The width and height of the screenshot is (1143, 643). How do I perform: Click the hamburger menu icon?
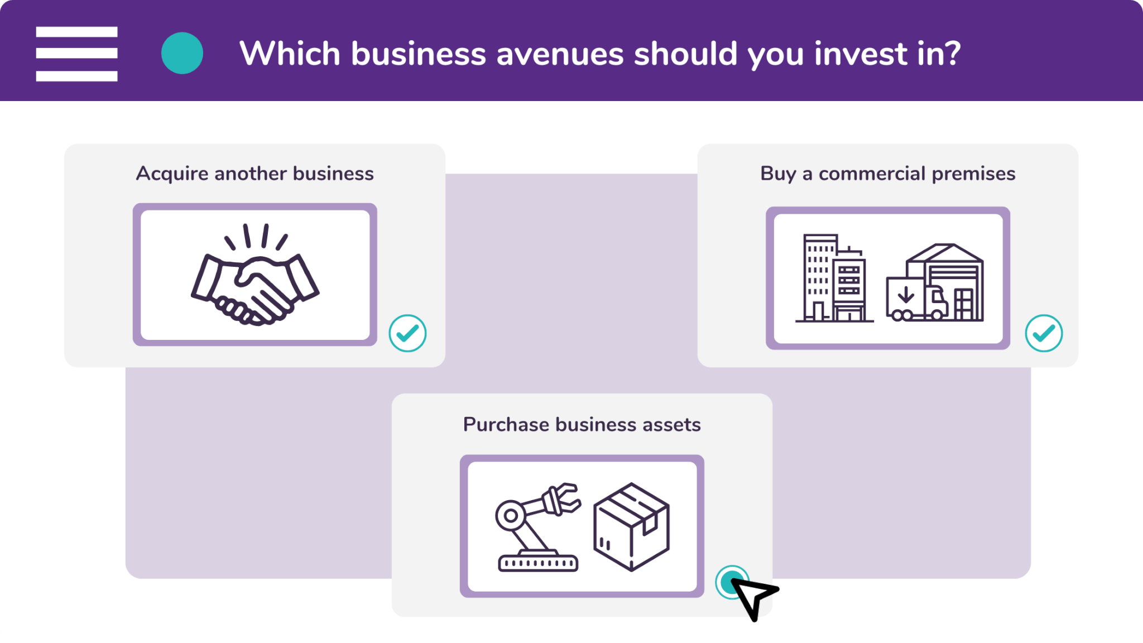[x=76, y=54]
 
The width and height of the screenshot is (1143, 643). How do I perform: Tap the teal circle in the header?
[x=182, y=53]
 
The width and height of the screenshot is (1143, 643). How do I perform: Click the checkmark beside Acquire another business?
[x=407, y=333]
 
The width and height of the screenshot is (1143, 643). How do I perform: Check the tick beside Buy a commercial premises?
[x=1044, y=333]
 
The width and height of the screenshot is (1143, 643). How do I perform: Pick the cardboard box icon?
[x=631, y=527]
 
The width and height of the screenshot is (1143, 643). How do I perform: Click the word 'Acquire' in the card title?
[x=172, y=174]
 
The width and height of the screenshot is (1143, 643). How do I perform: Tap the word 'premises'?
[x=973, y=174]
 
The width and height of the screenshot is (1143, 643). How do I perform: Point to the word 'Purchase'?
[x=506, y=424]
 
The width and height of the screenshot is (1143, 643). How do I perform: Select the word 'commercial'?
[x=872, y=174]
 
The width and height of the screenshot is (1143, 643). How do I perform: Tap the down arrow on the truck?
[x=906, y=294]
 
